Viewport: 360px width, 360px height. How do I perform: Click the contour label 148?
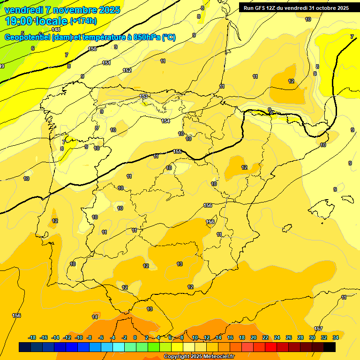coord(56,30)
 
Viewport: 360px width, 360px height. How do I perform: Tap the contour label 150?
coord(92,49)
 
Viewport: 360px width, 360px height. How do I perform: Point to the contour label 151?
coord(106,63)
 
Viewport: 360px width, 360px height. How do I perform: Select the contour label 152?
coord(127,70)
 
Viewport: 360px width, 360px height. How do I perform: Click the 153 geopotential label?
coord(144,97)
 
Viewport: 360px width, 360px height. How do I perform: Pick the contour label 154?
coord(165,121)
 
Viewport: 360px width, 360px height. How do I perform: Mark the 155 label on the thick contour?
coord(177,151)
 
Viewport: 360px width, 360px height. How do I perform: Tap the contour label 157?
coord(318,329)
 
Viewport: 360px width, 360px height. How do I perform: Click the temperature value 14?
coord(95,317)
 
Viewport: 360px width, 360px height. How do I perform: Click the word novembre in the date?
coord(75,10)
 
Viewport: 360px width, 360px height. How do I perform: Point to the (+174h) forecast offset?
coord(83,21)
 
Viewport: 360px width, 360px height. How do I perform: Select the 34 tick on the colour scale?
coord(335,337)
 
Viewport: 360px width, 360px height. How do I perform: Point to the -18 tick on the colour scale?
coord(32,337)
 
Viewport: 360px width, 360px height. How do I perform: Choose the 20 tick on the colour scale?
coord(253,337)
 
